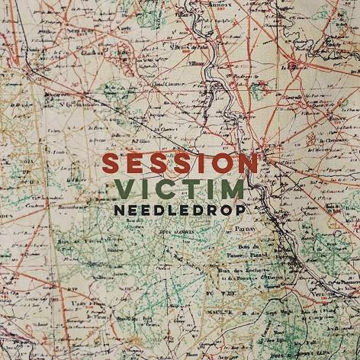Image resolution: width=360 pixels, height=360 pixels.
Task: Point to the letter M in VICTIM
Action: [x=231, y=188]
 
